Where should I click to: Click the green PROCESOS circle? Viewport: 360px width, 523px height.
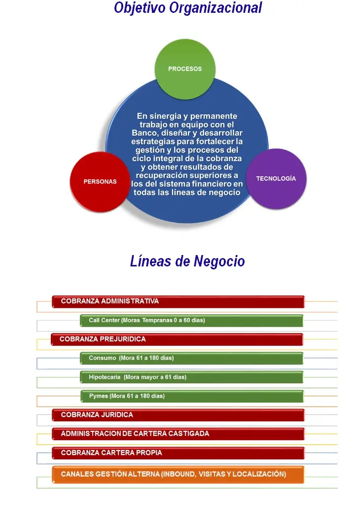[x=185, y=69]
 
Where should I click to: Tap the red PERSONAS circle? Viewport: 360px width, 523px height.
[x=100, y=182]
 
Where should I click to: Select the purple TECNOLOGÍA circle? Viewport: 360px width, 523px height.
[x=276, y=179]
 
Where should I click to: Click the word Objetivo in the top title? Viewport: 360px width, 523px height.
[x=140, y=8]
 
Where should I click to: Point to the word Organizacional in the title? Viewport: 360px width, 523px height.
[x=216, y=8]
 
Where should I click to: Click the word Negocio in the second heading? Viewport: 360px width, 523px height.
[x=219, y=261]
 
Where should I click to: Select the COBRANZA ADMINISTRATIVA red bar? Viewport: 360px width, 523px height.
[x=178, y=301]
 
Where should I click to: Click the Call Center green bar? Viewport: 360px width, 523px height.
[x=192, y=321]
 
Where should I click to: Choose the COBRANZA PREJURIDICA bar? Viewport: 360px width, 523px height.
[x=177, y=339]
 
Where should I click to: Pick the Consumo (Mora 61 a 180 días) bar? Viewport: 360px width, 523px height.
[x=192, y=358]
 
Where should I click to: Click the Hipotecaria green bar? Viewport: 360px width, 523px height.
[x=192, y=377]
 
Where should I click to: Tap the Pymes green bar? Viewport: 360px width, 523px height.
[x=192, y=396]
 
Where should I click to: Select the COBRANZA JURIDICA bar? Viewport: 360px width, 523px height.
[x=178, y=415]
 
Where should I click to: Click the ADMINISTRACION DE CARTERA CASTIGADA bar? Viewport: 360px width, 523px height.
[x=178, y=434]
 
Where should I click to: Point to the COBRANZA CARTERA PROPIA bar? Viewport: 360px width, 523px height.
[x=178, y=453]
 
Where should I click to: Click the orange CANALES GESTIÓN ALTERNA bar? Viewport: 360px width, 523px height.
[x=178, y=474]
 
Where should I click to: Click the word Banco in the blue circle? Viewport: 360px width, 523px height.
[x=144, y=133]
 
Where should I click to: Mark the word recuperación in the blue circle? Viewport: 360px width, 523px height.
[x=156, y=176]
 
